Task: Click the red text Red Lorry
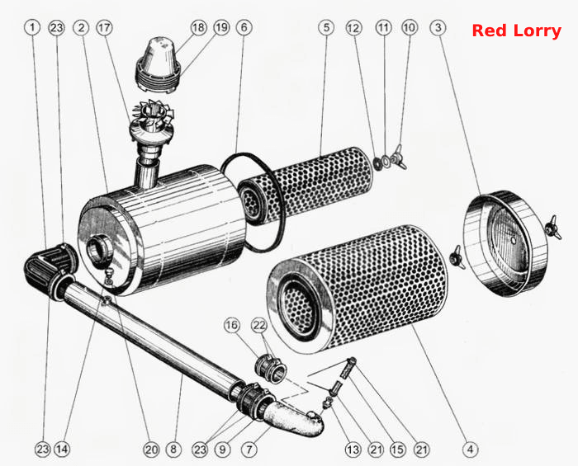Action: (516, 31)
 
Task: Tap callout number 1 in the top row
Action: (32, 27)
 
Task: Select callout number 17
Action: (105, 27)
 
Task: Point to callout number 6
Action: (244, 27)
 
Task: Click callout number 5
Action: (326, 27)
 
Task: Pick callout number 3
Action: (438, 27)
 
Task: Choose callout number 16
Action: (232, 326)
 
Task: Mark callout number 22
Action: (259, 326)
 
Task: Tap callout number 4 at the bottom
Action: (470, 449)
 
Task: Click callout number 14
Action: (62, 449)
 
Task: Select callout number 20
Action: (151, 449)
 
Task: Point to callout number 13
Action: (353, 449)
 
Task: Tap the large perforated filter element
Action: (357, 289)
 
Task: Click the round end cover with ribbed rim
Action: (505, 243)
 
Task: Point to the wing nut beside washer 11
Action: (399, 157)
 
